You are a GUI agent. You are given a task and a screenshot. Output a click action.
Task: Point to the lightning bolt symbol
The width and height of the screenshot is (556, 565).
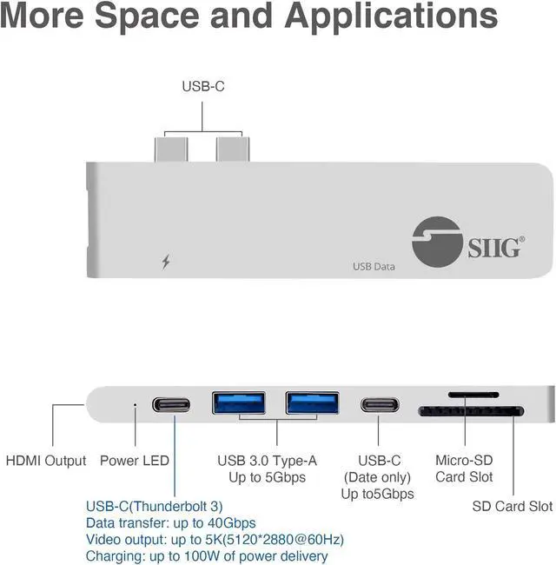pos(166,261)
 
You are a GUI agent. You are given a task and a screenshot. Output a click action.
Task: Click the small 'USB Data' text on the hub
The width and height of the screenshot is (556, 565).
pos(374,266)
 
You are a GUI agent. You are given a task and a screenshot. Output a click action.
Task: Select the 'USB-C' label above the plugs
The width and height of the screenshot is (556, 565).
pos(203,86)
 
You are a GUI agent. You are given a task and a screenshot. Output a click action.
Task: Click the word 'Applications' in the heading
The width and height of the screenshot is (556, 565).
pos(392,17)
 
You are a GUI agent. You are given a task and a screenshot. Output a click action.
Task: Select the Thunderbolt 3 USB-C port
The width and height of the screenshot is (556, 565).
pos(174,404)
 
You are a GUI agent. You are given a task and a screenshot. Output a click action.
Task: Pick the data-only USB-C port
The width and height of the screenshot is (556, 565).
pos(381,405)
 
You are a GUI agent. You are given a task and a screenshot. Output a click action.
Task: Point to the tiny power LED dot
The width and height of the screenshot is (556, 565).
pos(133,404)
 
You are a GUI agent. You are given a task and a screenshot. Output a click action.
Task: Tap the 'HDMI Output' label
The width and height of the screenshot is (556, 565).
pos(46,460)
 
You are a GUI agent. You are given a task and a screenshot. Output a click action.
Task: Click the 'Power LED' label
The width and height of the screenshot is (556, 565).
pos(134,460)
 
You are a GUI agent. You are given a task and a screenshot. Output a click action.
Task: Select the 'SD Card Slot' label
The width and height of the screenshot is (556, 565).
pos(512,506)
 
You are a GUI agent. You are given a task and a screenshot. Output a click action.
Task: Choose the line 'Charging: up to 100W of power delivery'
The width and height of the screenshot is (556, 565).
pos(207,556)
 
